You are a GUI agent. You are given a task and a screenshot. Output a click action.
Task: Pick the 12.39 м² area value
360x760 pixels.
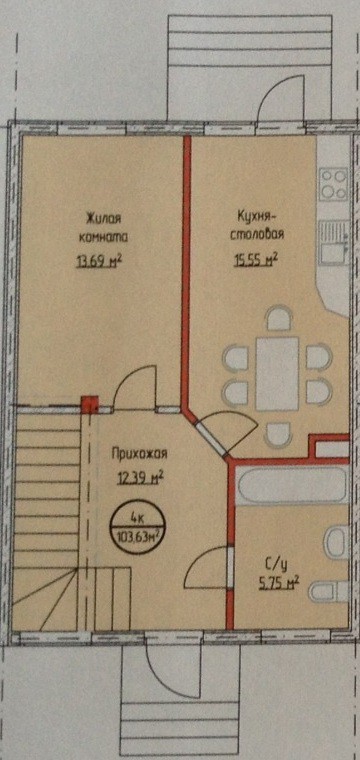click(x=139, y=477)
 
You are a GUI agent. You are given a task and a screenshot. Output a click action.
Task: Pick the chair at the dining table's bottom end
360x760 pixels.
click(x=277, y=432)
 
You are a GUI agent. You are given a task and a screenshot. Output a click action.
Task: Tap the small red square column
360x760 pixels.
click(x=89, y=406)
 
